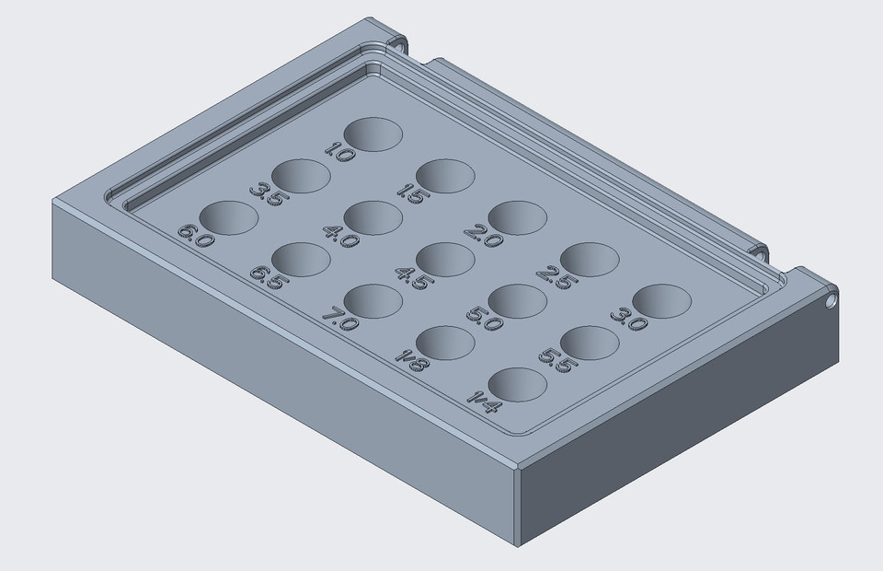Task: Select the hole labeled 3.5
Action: coord(301,176)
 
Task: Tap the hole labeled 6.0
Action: coord(228,217)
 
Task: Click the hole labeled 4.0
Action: coord(373,217)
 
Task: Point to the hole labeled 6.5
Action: coord(301,260)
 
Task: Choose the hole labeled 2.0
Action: coord(518,217)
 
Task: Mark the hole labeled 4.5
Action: coord(445,259)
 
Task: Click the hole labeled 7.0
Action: coord(373,301)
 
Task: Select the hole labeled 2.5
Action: coord(590,259)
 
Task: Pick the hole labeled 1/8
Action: coord(445,343)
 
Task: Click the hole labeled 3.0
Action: coord(661,301)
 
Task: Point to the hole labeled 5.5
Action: coord(590,343)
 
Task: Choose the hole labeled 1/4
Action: coord(518,384)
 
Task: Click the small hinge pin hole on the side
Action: coord(831,300)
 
